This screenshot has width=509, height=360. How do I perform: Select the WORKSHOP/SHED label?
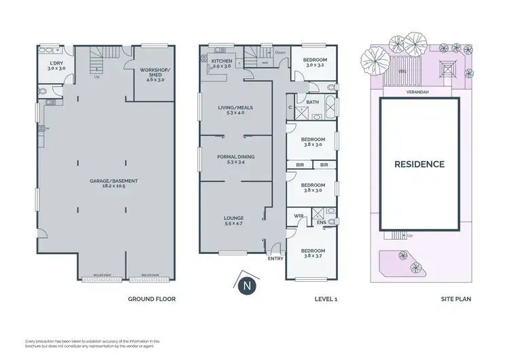152,73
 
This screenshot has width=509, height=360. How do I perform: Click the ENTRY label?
276,258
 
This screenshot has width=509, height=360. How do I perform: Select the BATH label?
312,103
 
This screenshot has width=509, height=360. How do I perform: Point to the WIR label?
298,216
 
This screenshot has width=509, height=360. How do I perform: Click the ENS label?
321,222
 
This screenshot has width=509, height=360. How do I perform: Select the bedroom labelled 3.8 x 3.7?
312,253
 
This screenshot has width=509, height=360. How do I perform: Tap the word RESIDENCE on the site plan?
419,164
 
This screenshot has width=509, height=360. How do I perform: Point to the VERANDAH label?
419,90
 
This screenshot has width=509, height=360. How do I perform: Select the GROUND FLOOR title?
152,299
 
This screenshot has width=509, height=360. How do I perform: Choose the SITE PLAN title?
457,299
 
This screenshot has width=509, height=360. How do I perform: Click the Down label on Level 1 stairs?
280,52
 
